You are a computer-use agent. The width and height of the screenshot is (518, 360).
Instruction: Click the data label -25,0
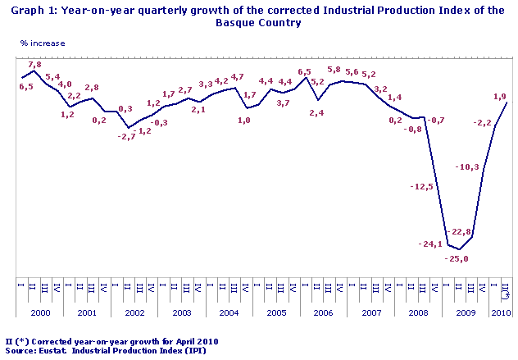tap(457, 259)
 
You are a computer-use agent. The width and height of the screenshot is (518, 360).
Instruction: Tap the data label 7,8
tap(34, 64)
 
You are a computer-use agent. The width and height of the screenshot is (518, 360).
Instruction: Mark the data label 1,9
tap(498, 97)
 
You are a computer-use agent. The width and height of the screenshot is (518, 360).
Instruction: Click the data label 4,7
tap(238, 76)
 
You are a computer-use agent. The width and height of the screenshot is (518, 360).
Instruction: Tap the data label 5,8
tap(334, 70)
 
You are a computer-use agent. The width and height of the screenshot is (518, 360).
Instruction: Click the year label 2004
tap(229, 312)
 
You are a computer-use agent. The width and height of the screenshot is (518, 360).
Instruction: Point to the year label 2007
tap(371, 312)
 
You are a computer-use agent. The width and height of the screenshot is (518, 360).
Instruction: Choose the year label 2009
tap(466, 312)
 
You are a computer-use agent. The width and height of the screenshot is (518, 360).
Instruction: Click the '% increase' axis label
tap(42, 42)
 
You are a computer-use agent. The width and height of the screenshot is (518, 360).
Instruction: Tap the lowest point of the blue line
tap(459, 249)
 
